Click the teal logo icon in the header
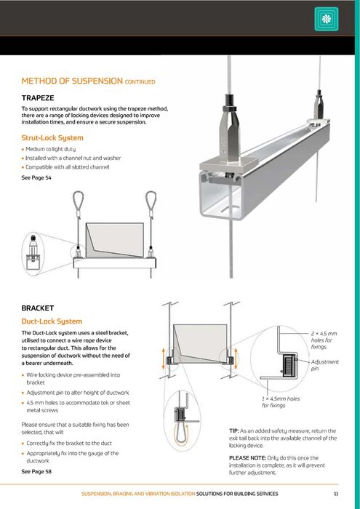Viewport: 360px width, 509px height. coord(327,19)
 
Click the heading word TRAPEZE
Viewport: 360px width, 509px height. coord(38,97)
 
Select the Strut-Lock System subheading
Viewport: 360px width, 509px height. coord(52,137)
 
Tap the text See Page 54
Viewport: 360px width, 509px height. coord(36,177)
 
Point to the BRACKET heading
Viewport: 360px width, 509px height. coord(38,308)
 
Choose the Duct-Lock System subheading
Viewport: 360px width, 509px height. coord(52,321)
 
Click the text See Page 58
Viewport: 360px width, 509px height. coord(36,471)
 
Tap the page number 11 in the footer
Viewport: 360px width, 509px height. coord(336,494)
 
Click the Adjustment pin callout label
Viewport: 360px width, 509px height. coord(324,365)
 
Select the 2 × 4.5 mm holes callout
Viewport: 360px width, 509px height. coord(324,340)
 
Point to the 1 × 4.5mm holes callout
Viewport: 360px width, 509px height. coord(281,402)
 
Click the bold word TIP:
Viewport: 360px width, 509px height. coord(233,430)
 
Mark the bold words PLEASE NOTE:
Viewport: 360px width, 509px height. coord(247,457)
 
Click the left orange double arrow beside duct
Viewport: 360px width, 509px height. coord(164,358)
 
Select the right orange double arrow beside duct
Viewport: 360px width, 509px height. coord(236,358)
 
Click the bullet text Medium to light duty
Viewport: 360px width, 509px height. coord(50,149)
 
